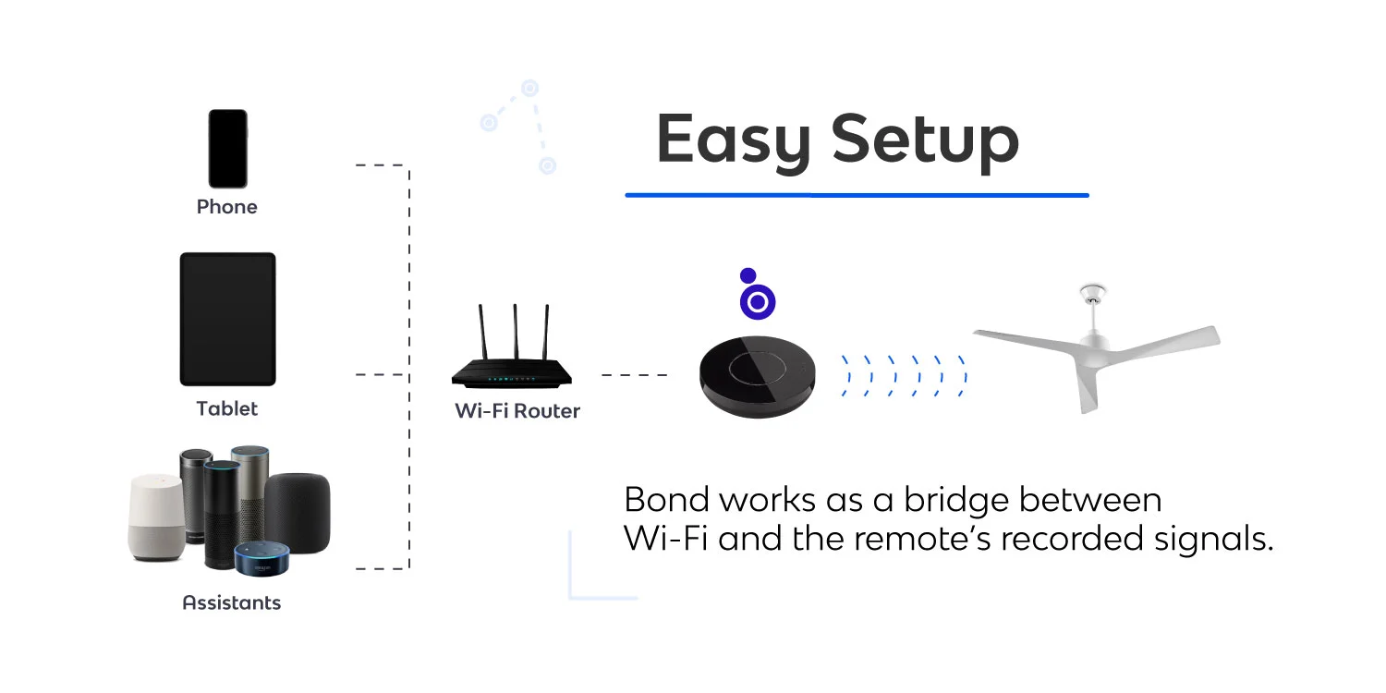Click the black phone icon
point(227,149)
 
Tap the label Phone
point(226,207)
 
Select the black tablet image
point(227,319)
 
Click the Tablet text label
point(227,408)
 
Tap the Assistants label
point(231,603)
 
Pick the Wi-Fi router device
point(511,370)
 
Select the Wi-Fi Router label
point(517,411)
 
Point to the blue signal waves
point(904,375)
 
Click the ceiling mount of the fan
point(1092,296)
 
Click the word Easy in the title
point(733,140)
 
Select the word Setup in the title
point(924,140)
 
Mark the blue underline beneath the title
point(857,195)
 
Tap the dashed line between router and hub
point(634,375)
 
